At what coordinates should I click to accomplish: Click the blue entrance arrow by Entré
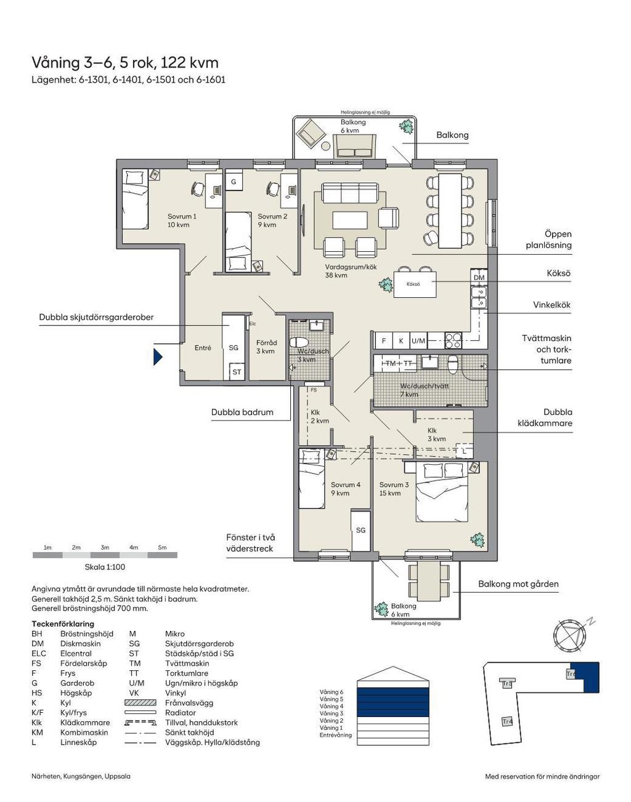pos(158,356)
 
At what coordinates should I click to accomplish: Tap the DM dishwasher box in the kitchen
pos(479,278)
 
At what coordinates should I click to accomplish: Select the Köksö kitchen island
pos(413,284)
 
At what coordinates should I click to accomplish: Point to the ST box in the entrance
pos(237,372)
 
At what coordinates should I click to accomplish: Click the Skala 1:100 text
pos(105,567)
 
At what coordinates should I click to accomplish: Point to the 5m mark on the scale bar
pos(162,547)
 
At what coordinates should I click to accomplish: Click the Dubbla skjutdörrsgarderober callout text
pos(96,318)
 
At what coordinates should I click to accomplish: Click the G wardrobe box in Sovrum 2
pos(234,182)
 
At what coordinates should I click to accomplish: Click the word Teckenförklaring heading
pos(63,624)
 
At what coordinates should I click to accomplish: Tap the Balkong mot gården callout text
pos(518,583)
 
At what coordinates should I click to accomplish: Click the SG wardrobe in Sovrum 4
pos(360,530)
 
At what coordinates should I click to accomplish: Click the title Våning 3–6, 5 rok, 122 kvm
pos(125,63)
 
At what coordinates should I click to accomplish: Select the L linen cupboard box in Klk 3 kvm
pos(464,451)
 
